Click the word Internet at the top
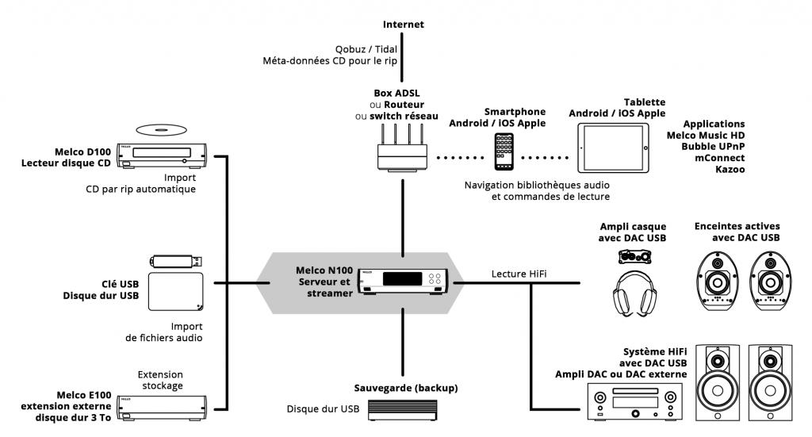pyautogui.click(x=403, y=25)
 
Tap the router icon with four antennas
pyautogui.click(x=403, y=149)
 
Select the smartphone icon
pyautogui.click(x=504, y=151)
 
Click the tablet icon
pyautogui.click(x=615, y=149)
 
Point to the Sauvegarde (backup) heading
pyautogui.click(x=405, y=388)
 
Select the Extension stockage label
pyautogui.click(x=160, y=380)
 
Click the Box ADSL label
pyautogui.click(x=397, y=93)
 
